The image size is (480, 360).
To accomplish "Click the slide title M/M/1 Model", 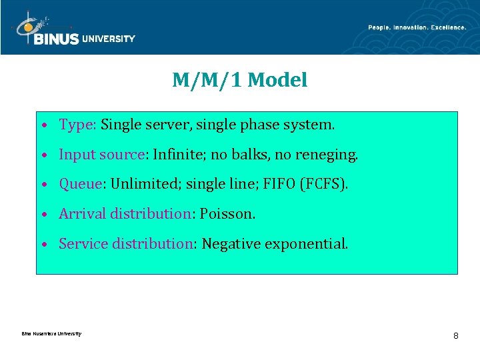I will (240, 81).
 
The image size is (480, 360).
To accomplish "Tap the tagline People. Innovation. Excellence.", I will (417, 27).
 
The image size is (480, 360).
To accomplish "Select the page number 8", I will (455, 335).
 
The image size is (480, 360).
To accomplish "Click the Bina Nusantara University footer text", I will (51, 334).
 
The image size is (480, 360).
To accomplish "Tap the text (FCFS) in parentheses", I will (324, 184).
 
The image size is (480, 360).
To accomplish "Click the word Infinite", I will (176, 155).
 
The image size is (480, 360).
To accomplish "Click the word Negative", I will (231, 244).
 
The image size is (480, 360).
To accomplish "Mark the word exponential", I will (306, 245).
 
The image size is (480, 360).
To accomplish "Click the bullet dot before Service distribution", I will (43, 245).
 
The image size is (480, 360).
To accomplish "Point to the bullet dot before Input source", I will (43, 155).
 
